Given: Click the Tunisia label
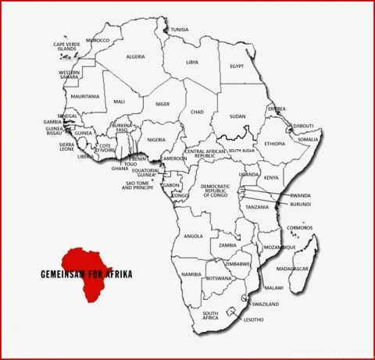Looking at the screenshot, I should [x=180, y=30].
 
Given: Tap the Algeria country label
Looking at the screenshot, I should [x=136, y=56].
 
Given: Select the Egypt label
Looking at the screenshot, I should [x=237, y=66].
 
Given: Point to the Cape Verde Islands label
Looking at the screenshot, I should [x=66, y=46].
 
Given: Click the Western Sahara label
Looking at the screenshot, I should [x=70, y=75].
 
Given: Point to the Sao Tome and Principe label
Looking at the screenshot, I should [x=138, y=185].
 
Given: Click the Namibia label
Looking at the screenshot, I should [x=191, y=274].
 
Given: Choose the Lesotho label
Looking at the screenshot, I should [x=253, y=319].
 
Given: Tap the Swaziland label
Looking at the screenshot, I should [x=265, y=304].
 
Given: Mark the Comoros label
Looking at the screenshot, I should [x=300, y=227].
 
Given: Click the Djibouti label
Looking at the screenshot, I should [x=303, y=126].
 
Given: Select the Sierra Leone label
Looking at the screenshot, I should [x=67, y=147].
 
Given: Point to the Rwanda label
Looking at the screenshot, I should [x=300, y=195].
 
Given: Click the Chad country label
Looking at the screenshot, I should [x=197, y=112].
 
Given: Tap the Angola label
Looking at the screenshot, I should [x=192, y=236].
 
